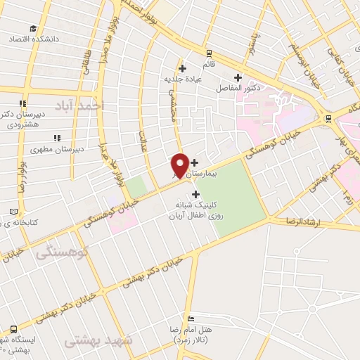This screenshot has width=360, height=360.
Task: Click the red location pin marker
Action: point(179,165)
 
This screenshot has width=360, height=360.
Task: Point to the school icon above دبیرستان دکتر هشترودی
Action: point(23,103)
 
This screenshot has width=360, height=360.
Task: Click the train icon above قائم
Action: point(208,53)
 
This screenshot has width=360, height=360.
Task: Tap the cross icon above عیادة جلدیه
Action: point(183,68)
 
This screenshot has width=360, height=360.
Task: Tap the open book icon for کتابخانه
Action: point(15,212)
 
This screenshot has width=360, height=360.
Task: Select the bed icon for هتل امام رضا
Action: point(191,319)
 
